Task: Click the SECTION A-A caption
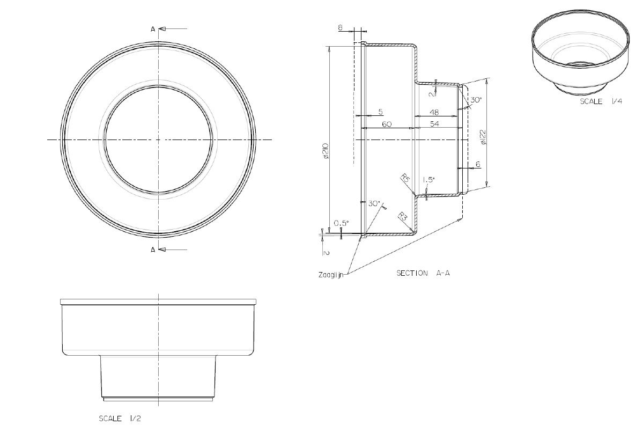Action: (423, 273)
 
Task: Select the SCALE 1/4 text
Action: (601, 101)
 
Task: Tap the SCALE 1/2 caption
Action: (120, 419)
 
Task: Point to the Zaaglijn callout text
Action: (330, 275)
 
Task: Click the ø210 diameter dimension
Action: (326, 151)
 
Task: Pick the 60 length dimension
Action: (387, 124)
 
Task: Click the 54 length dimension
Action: (434, 123)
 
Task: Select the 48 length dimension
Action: (434, 112)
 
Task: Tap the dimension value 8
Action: (341, 27)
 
